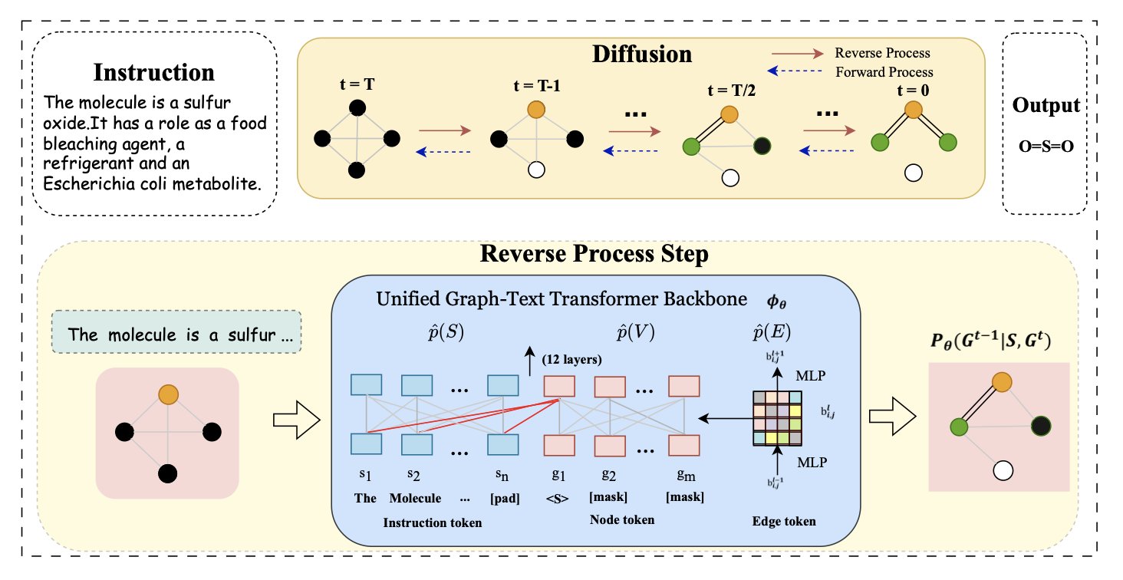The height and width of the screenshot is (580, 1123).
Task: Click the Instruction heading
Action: pos(153,73)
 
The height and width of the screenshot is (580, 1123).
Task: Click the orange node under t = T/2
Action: pos(729,114)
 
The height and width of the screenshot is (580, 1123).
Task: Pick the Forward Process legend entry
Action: pos(883,72)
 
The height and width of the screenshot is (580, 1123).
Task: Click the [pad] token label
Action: pos(503,497)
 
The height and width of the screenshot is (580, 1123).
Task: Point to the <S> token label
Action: pos(558,497)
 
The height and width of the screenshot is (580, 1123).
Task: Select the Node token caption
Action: pos(622,520)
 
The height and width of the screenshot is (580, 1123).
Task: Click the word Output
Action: pos(1045,105)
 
